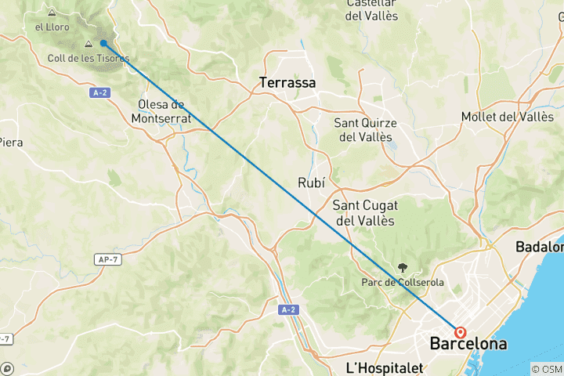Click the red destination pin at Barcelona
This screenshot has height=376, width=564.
click(x=460, y=332)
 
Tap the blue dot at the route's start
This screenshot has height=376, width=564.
click(x=103, y=44)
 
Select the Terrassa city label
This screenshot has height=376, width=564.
click(x=287, y=81)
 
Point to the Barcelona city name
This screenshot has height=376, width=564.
click(x=468, y=344)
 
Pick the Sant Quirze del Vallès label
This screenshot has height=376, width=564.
click(x=365, y=129)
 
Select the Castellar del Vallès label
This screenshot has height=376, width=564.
click(x=371, y=9)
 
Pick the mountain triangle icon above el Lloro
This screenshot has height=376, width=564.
click(x=52, y=13)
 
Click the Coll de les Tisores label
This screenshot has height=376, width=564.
click(x=89, y=58)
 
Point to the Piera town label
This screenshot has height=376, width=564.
click(x=10, y=142)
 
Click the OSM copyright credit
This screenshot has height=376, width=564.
click(x=546, y=369)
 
